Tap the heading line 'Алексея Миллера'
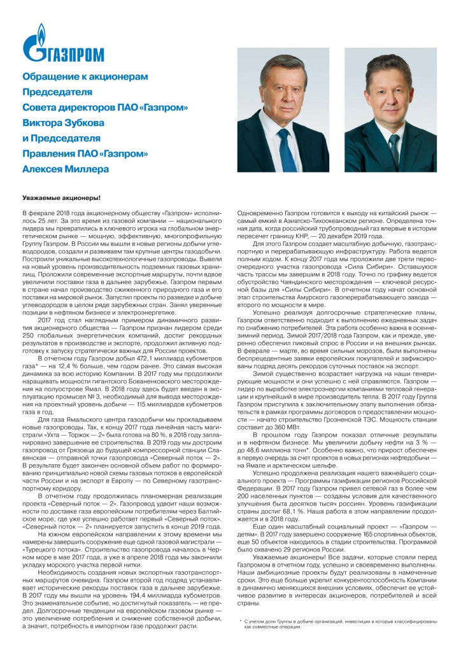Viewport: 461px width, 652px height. point(66,169)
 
